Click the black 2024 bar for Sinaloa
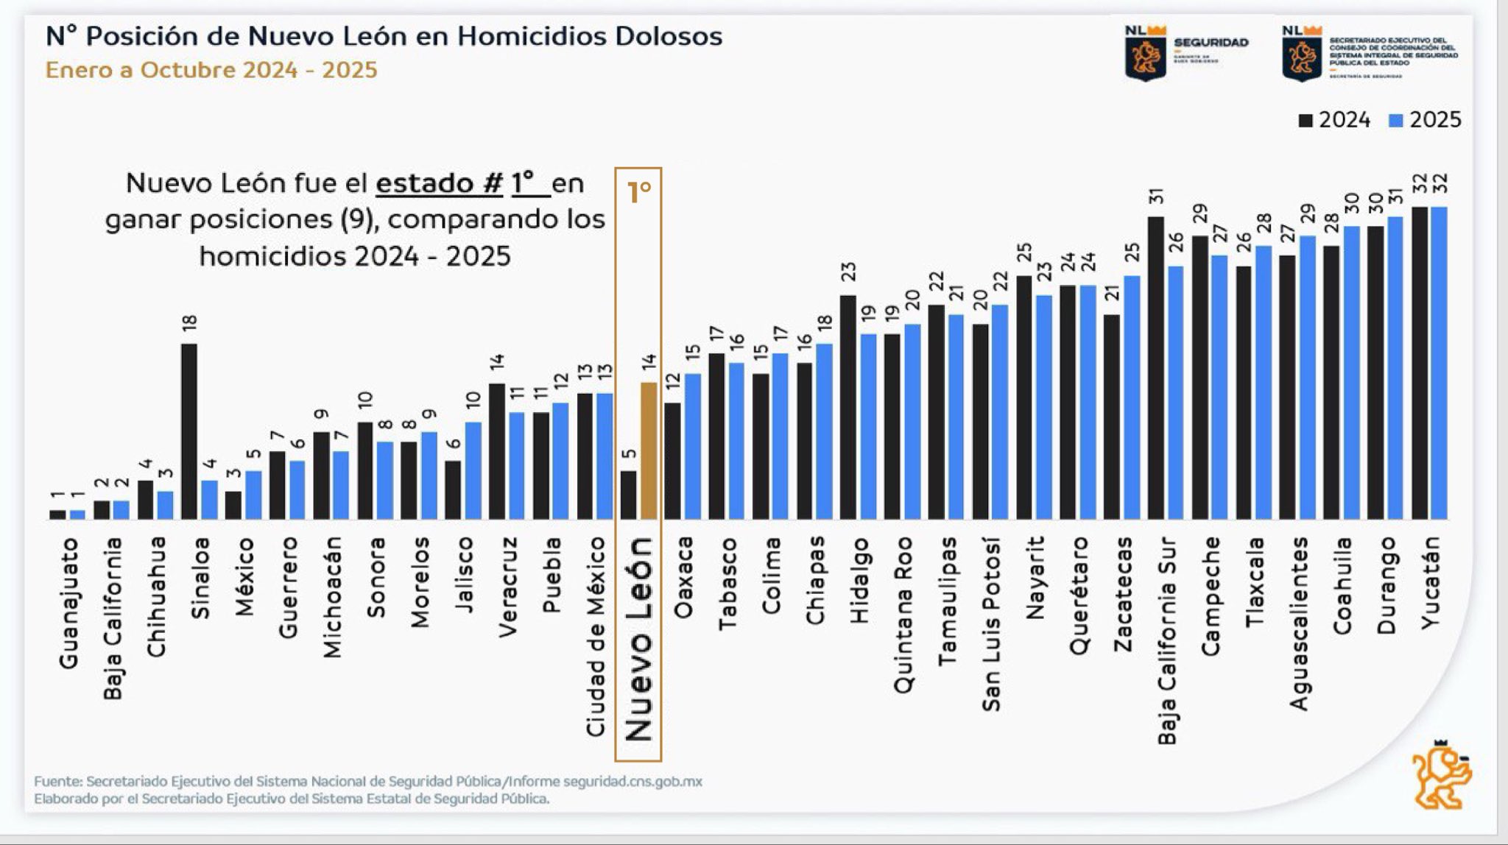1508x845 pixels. pos(189,431)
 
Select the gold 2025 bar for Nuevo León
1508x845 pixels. pos(649,450)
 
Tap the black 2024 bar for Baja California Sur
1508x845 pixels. pos(1156,368)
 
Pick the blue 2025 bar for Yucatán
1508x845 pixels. pos(1439,363)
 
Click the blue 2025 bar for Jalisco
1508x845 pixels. pos(473,470)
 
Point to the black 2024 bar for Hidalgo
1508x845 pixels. pos(848,407)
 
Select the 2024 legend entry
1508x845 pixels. pos(1334,120)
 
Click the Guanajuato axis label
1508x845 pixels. pos(68,604)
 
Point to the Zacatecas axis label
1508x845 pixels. pos(1123,594)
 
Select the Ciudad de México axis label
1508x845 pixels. pos(595,637)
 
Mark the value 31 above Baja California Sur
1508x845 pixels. pos(1156,197)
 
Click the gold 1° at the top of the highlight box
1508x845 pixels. pos(639,192)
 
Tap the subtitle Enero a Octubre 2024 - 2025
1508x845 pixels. pos(211,70)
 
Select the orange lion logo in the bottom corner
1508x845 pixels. pos(1440,778)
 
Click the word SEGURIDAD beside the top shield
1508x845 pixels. pos(1211,43)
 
